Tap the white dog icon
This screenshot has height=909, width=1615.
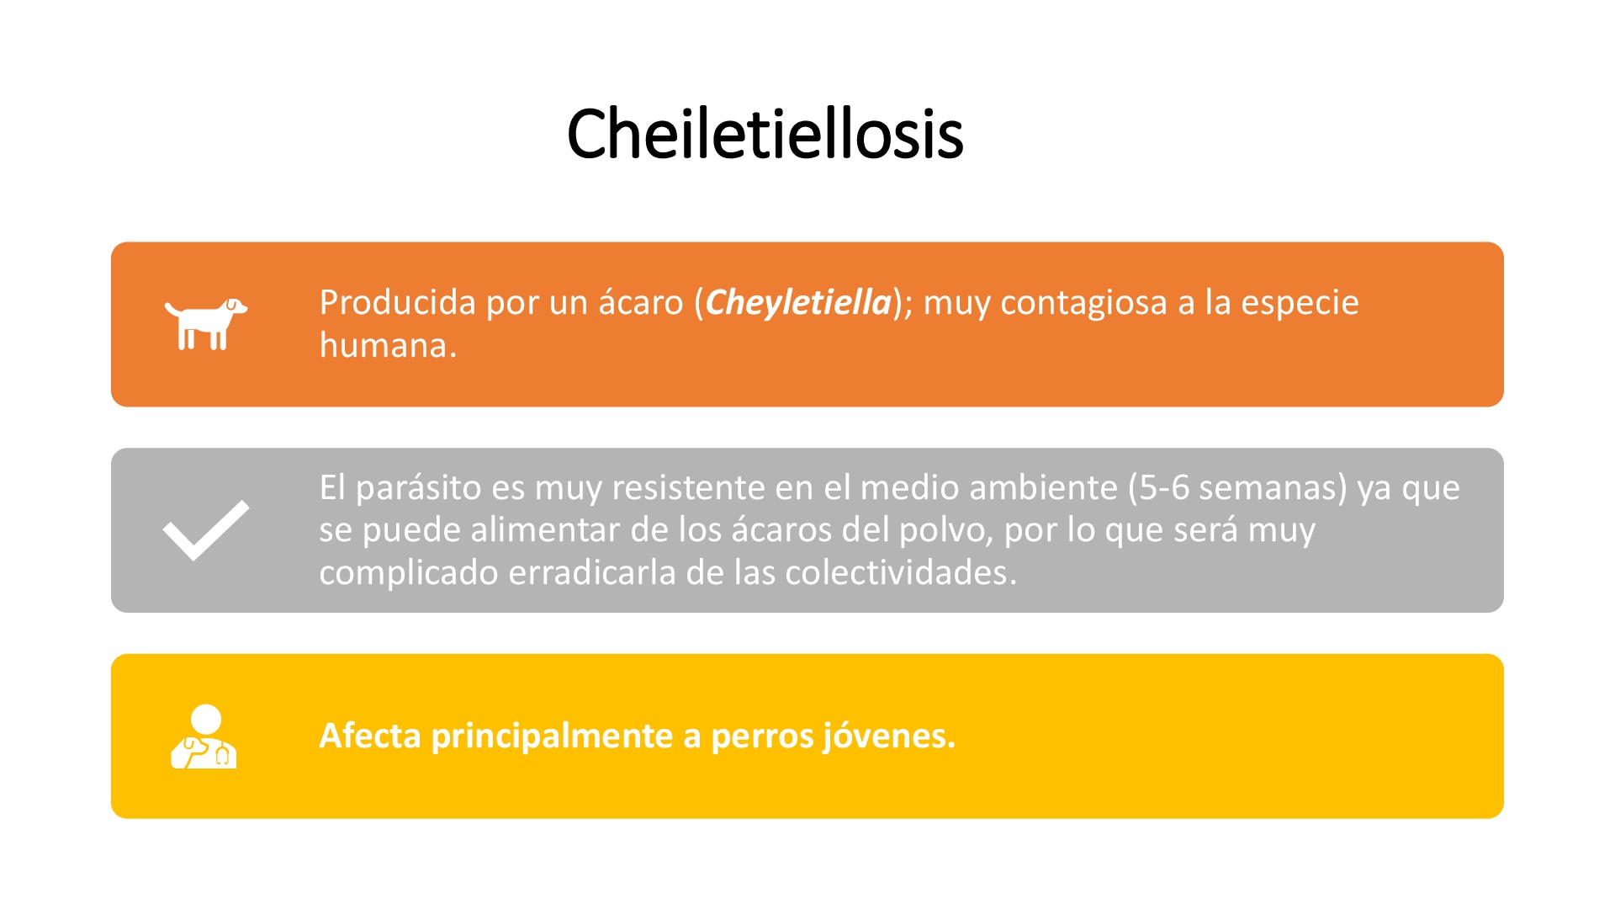(x=206, y=323)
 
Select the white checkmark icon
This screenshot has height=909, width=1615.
(x=206, y=530)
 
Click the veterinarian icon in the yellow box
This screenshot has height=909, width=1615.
(x=204, y=736)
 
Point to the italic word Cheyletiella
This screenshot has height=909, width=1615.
(x=798, y=302)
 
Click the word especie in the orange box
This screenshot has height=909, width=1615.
(x=1300, y=303)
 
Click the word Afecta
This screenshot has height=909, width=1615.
(x=370, y=736)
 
